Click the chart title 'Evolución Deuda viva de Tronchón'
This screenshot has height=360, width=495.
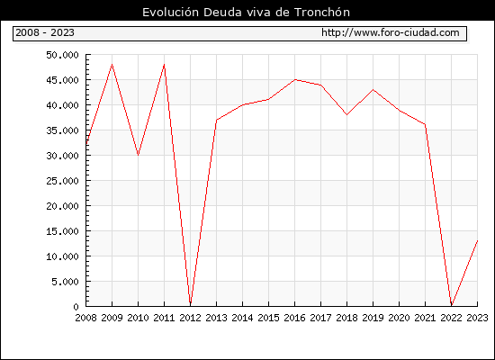[246, 13]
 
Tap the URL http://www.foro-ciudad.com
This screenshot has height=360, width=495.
[391, 32]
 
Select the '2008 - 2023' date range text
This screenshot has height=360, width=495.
[45, 32]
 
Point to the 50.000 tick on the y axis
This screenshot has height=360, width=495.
[62, 55]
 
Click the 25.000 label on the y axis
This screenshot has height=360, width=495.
[62, 181]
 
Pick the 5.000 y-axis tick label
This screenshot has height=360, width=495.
[66, 282]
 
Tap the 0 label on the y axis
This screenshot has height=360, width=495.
[76, 307]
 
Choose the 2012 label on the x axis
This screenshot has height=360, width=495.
[190, 318]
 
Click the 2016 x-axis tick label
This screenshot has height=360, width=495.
[294, 318]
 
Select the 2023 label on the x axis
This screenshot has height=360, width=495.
[477, 318]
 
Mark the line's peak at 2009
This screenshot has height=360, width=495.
[112, 65]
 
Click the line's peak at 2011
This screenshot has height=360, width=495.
[164, 65]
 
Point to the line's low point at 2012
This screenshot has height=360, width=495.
[191, 304]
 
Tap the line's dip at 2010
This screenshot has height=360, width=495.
[138, 155]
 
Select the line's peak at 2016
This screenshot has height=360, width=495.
[294, 79]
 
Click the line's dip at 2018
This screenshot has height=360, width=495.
[346, 114]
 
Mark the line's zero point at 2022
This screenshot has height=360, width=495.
[452, 305]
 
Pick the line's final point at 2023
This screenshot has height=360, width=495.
[477, 241]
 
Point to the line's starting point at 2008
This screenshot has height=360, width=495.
[86, 144]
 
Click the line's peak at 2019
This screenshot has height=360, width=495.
[373, 90]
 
